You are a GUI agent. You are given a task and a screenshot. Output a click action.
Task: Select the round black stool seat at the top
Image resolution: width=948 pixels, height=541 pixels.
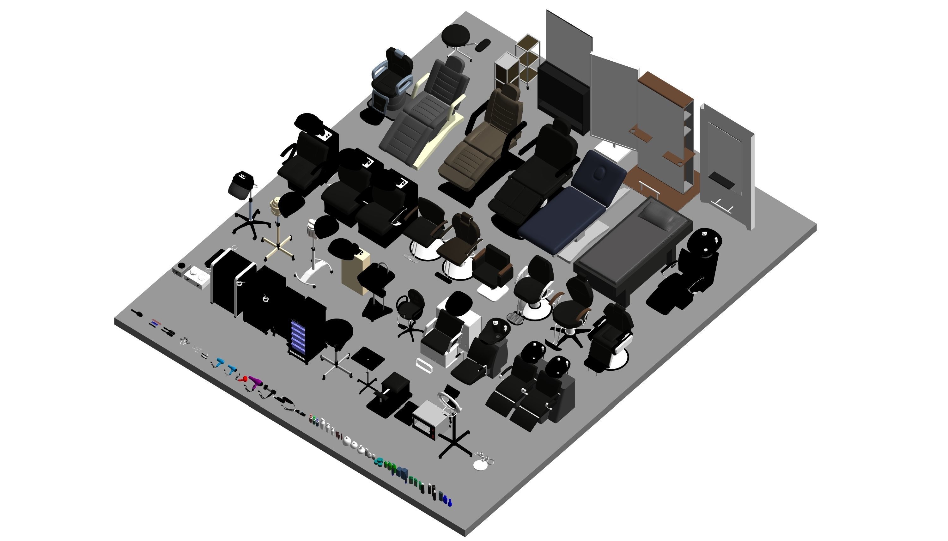pos(456,35)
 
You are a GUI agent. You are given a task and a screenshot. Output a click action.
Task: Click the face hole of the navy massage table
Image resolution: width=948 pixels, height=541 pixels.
pos(599,172)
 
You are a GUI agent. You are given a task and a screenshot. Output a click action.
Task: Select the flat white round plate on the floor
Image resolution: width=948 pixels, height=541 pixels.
pos(481,465)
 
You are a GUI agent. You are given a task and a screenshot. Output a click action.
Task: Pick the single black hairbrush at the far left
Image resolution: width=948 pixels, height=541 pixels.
pos(137,313)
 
